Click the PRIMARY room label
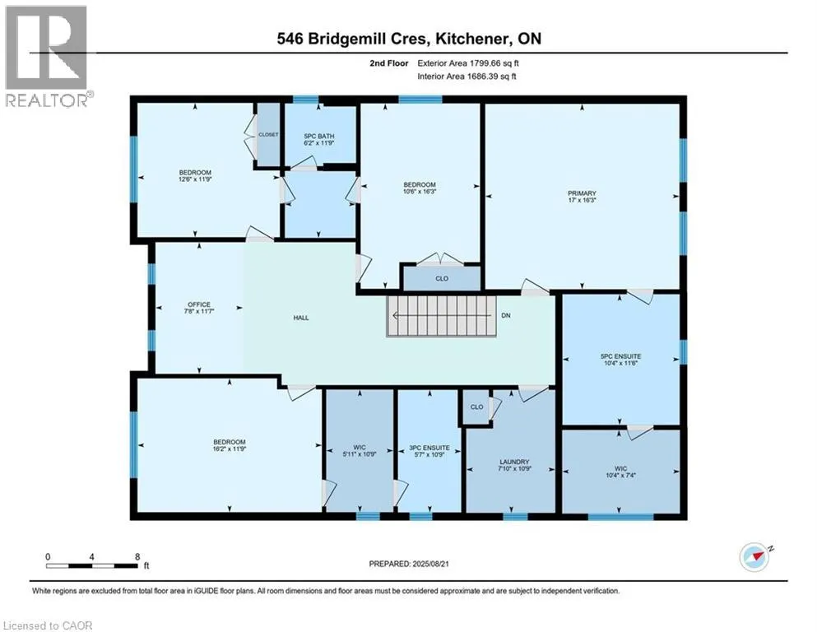click(582, 193)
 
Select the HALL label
click(301, 317)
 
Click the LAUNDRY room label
click(513, 462)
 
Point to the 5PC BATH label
click(320, 136)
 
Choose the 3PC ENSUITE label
click(429, 447)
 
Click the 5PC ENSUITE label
click(620, 357)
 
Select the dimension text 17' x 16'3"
click(582, 200)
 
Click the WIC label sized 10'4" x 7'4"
click(620, 469)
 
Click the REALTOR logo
click(48, 57)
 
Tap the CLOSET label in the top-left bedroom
click(268, 134)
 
